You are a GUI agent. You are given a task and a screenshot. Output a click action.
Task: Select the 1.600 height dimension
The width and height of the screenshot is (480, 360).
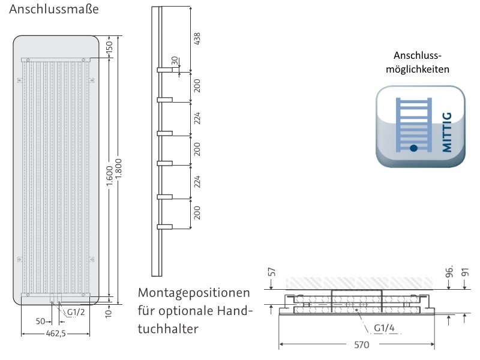[109, 175]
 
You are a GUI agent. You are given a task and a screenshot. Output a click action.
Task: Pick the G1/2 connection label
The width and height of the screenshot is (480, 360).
[76, 312]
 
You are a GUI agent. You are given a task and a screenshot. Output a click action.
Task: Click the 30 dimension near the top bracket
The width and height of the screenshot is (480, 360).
[175, 61]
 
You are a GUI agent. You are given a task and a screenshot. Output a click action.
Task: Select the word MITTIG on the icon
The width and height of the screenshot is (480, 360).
[447, 131]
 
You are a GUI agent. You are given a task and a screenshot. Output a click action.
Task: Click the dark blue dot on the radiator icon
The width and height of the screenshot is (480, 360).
[413, 147]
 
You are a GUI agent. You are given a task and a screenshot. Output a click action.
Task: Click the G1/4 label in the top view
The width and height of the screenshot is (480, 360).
[383, 328]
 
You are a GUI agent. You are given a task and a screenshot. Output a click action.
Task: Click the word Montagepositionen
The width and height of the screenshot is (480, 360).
[194, 294]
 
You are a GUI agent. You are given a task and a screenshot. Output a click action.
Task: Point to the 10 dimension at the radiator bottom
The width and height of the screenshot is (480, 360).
[108, 312]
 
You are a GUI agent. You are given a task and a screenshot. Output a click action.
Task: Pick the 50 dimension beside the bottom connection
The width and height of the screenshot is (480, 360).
[41, 321]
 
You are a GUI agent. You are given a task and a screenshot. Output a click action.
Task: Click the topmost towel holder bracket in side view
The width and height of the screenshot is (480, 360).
[164, 70]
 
